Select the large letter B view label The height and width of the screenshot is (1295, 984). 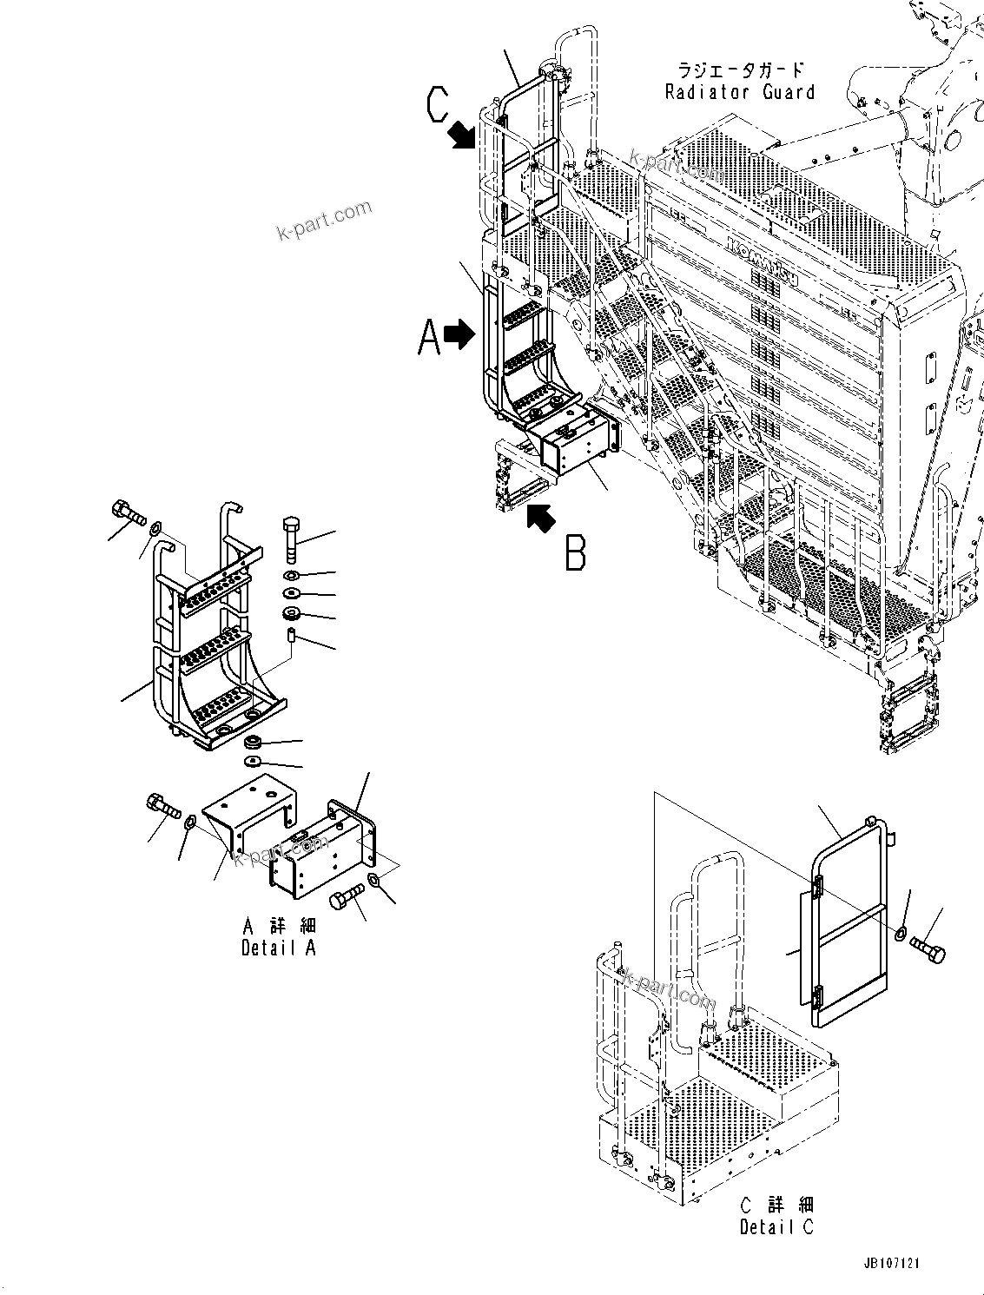coord(575,552)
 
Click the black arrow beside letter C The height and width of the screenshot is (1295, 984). coord(463,135)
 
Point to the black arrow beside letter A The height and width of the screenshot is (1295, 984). coord(459,332)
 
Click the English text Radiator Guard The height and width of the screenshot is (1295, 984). coord(740,92)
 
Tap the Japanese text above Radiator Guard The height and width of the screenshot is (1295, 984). coord(740,70)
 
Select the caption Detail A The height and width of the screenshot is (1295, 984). coord(278,948)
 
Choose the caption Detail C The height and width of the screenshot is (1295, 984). coord(776,1226)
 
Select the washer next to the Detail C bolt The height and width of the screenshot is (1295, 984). coord(901,934)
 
